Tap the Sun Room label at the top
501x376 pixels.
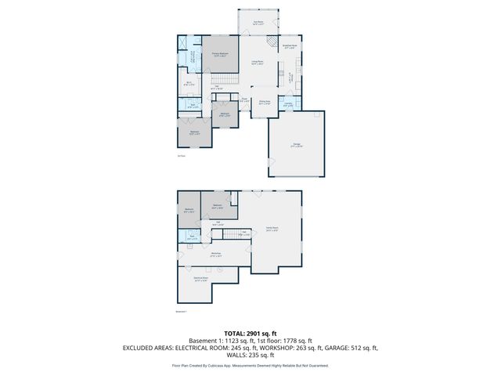coord(258,23)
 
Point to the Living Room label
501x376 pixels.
coord(257,63)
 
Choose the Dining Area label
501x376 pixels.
coord(265,102)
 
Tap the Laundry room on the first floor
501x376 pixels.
coord(288,105)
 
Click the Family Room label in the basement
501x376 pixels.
coord(271,230)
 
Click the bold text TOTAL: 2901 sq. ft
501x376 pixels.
coord(250,333)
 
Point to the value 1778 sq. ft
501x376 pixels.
coord(296,341)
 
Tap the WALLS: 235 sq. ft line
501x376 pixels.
coord(250,356)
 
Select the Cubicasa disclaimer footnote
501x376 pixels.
coord(250,365)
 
